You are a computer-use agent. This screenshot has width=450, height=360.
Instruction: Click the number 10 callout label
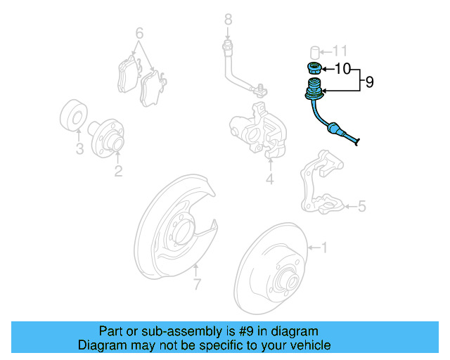pos(342,69)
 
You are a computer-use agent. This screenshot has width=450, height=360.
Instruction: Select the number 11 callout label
pos(340,51)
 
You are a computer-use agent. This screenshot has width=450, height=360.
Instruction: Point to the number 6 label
pos(139,33)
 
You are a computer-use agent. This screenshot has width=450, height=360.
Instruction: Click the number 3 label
pos(79,149)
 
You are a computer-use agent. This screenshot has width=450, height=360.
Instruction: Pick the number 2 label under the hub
pos(118,171)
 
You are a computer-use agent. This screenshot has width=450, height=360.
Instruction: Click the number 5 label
pos(361,206)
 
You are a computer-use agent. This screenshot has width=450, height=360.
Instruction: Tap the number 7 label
pos(197,285)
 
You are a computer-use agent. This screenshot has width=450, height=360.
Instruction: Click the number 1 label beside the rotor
pos(324,247)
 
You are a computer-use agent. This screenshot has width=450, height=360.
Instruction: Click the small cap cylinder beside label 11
pos(316,51)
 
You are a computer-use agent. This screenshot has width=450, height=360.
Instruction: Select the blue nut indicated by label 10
pos(315,69)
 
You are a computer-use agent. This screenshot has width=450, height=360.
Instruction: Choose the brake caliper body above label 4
pos(258,129)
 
